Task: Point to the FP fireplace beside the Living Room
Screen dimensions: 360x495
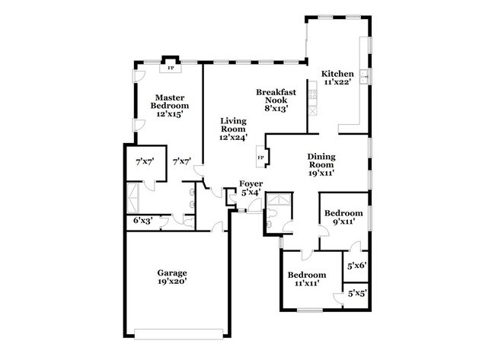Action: [x=260, y=158]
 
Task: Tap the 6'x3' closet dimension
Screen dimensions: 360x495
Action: [x=143, y=221]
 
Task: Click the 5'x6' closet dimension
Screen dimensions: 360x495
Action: [x=357, y=266]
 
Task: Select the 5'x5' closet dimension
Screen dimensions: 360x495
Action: [x=357, y=293]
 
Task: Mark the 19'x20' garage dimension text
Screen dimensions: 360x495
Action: [x=172, y=282]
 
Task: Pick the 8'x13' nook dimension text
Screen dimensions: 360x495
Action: [x=276, y=109]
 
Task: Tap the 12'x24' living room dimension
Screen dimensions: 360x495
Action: [x=234, y=137]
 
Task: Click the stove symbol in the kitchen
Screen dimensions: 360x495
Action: [x=313, y=97]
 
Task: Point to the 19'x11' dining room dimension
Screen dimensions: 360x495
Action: [x=321, y=173]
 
